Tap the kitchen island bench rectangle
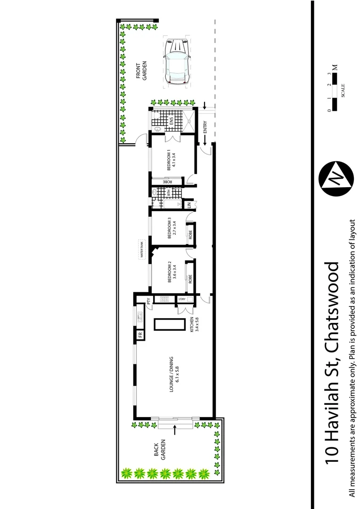168,325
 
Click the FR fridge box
140,335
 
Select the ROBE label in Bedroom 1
168,182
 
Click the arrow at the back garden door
175,430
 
